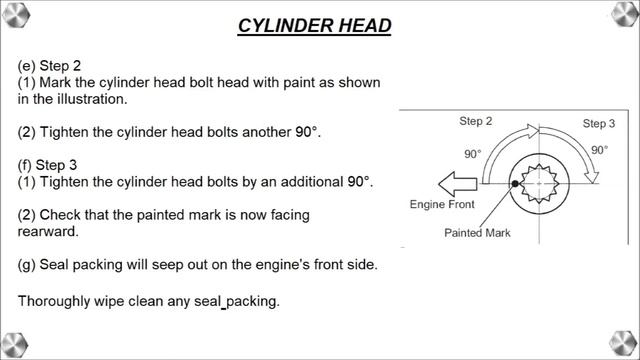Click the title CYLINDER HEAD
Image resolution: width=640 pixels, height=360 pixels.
[x=314, y=25]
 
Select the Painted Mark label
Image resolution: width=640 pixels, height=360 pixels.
[x=478, y=232]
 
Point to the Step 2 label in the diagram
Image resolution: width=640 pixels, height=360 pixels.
[x=476, y=121]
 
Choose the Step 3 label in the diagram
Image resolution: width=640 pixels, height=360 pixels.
[x=599, y=123]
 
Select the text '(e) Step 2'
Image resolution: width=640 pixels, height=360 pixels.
[x=51, y=65]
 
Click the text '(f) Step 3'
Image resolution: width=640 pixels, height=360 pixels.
[x=50, y=165]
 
